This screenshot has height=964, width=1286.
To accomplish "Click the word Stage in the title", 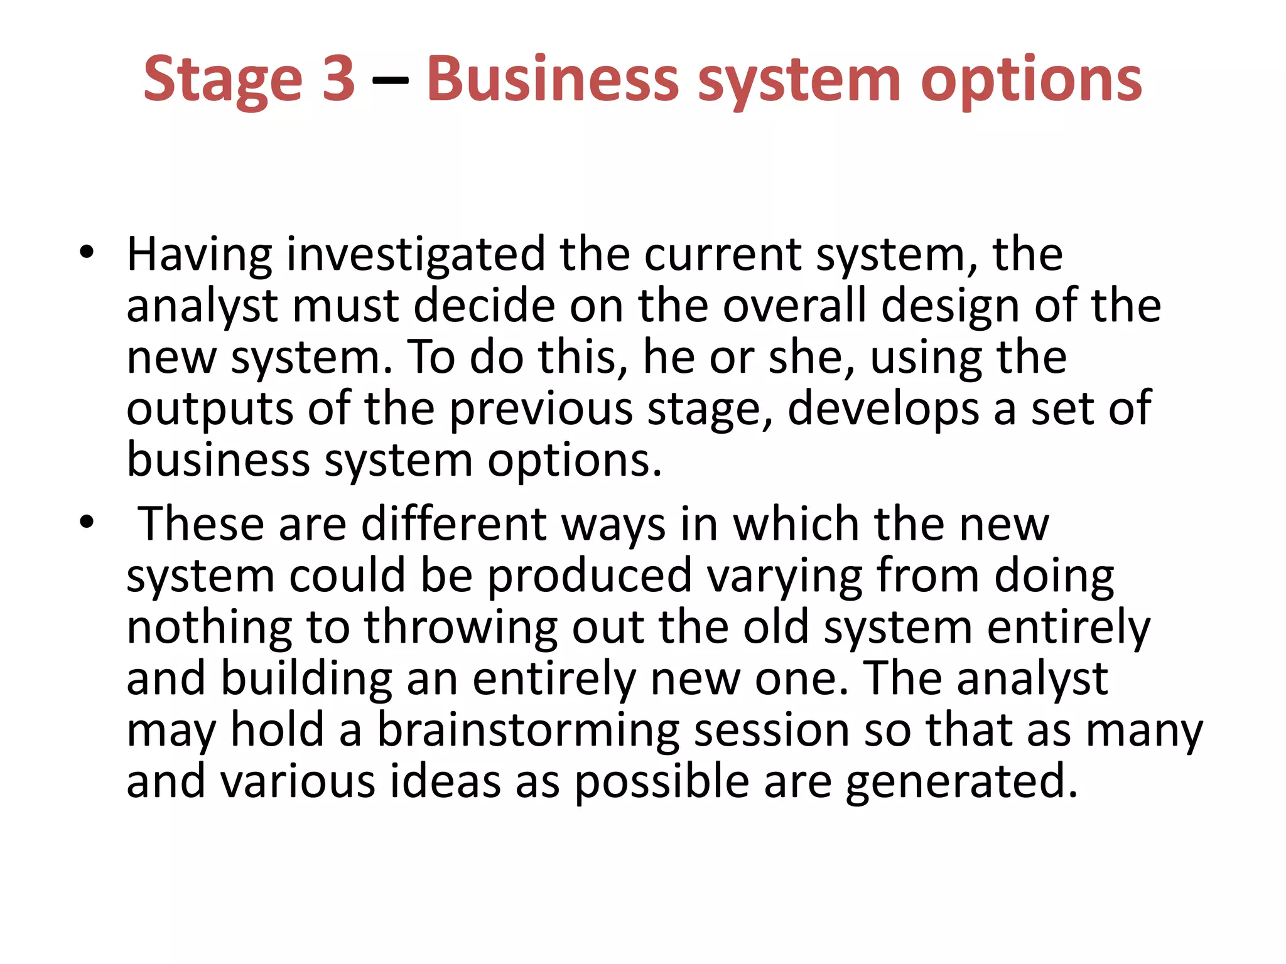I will coord(223,80).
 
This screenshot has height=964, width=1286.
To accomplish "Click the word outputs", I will coord(210,409).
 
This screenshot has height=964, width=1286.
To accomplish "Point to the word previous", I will coord(541,409).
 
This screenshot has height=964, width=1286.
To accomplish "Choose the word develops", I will coord(882,409).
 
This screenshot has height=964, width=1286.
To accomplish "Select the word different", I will coord(454,523).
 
